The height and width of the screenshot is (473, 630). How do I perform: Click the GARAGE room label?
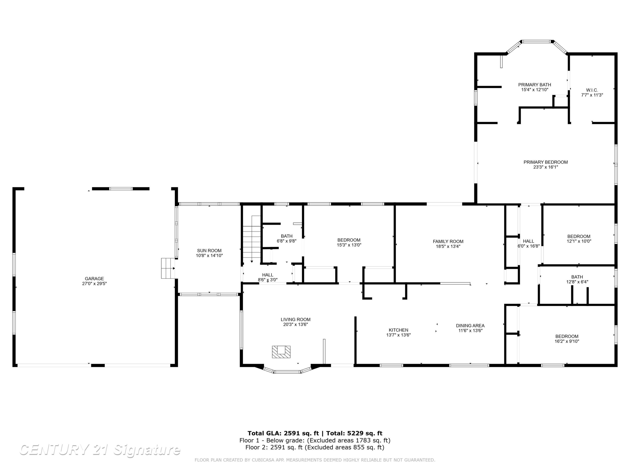coord(94,279)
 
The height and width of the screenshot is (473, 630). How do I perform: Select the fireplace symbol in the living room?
coord(281,352)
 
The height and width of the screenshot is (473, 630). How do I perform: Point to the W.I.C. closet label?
coord(592,90)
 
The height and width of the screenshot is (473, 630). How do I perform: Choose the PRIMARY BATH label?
coord(535,85)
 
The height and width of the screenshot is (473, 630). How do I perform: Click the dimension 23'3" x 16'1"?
coord(546,167)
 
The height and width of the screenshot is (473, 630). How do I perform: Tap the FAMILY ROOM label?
coord(448,242)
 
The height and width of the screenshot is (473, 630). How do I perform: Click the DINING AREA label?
coord(470,326)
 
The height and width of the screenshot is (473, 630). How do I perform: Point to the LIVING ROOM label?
coord(296,320)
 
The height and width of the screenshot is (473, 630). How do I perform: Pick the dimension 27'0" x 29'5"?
coord(94,283)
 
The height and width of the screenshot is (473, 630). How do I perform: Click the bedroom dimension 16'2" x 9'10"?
coord(567,341)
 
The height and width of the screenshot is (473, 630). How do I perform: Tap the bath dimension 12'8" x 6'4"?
coord(577,282)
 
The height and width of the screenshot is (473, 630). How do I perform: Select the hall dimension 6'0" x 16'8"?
coord(529,246)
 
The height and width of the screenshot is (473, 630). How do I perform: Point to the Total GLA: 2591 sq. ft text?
coord(283,433)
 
